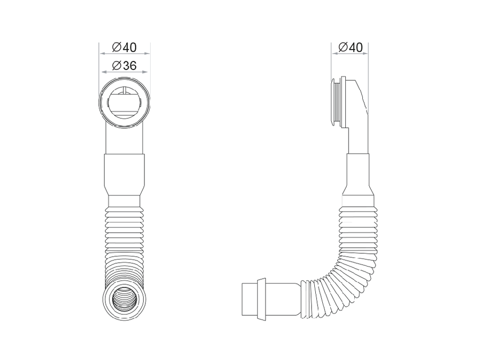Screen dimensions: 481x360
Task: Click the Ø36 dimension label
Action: [124, 65]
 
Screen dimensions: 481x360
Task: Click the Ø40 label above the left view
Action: [124, 47]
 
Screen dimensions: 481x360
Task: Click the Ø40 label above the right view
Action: [350, 47]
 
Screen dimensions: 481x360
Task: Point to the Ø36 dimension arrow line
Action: [124, 72]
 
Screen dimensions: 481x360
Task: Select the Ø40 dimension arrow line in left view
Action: [124, 53]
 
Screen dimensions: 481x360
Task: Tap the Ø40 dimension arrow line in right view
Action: [350, 53]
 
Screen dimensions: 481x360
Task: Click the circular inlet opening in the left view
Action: [124, 103]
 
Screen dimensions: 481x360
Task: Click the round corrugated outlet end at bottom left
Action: [124, 299]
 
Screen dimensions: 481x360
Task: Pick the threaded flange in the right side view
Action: [338, 102]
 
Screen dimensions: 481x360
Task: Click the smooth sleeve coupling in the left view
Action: [124, 175]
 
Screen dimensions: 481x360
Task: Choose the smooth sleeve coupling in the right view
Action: [358, 174]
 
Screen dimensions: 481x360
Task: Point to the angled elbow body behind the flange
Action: [356, 116]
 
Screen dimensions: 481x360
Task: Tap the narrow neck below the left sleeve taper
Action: [124, 201]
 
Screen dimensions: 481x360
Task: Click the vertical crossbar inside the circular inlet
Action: [124, 91]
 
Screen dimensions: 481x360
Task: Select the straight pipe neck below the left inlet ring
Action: [124, 139]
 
